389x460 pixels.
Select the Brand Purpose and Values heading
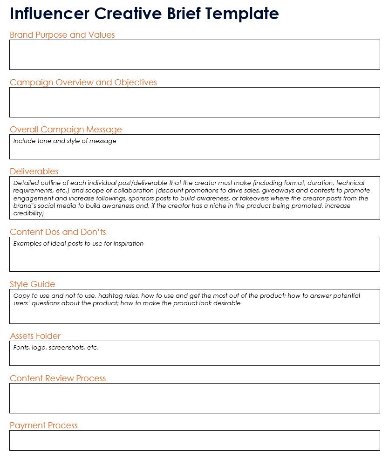click(62, 35)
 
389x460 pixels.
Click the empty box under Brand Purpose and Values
click(194, 55)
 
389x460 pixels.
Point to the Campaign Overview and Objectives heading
click(83, 82)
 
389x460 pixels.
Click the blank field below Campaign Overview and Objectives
click(194, 102)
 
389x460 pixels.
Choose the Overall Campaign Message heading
click(66, 130)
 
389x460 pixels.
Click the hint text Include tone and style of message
click(65, 141)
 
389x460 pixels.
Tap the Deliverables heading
click(34, 172)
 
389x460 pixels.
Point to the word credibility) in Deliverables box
click(28, 213)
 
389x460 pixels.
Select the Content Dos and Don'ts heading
click(58, 232)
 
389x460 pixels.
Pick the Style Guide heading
click(32, 284)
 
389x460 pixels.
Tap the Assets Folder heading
click(35, 336)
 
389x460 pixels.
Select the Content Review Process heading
click(58, 378)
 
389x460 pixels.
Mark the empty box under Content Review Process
click(194, 398)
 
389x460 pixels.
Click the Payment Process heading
click(44, 426)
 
